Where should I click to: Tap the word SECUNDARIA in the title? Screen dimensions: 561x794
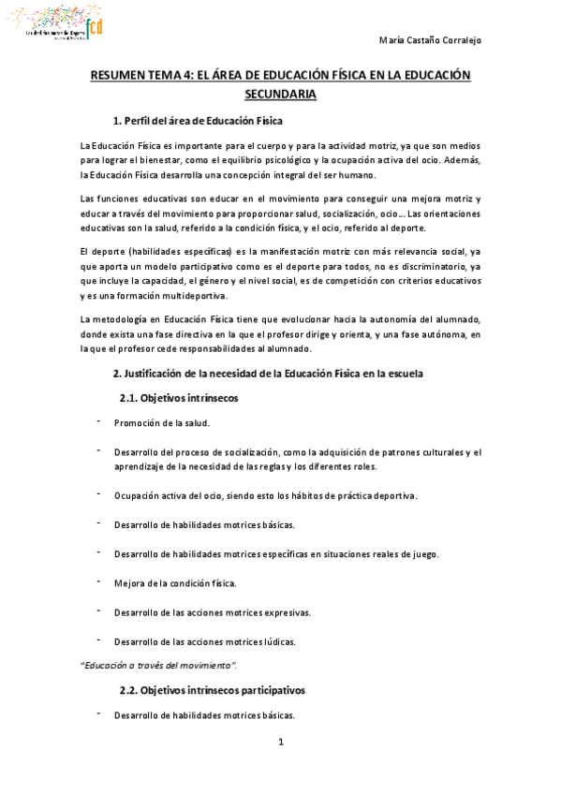coord(280,94)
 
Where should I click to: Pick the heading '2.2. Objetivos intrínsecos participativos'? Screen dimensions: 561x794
coord(211,690)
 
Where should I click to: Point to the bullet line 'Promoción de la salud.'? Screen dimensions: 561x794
coord(161,422)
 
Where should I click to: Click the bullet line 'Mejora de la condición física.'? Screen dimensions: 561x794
coord(175,583)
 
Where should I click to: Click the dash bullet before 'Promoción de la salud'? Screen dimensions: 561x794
coord(98,421)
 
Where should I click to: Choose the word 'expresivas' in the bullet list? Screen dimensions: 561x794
coord(284,612)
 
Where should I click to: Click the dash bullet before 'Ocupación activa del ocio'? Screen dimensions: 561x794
coord(98,493)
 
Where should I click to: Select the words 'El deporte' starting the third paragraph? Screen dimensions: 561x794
coord(102,252)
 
